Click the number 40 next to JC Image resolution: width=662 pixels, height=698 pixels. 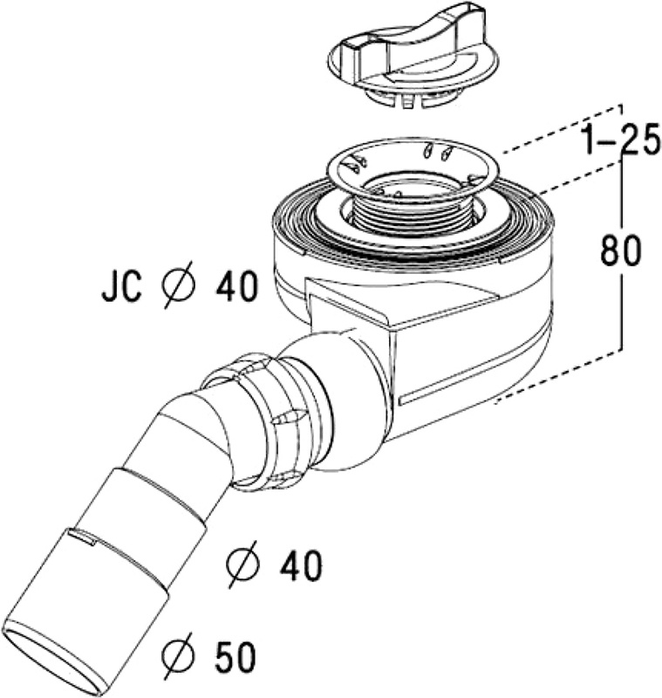tap(236, 285)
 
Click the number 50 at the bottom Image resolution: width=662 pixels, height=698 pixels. tap(235, 656)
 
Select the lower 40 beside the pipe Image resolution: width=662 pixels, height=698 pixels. tap(300, 565)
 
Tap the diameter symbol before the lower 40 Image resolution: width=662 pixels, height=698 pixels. tap(242, 564)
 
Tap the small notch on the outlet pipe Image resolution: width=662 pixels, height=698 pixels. tap(83, 537)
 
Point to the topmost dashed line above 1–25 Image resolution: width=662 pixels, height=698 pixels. tap(563, 129)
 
